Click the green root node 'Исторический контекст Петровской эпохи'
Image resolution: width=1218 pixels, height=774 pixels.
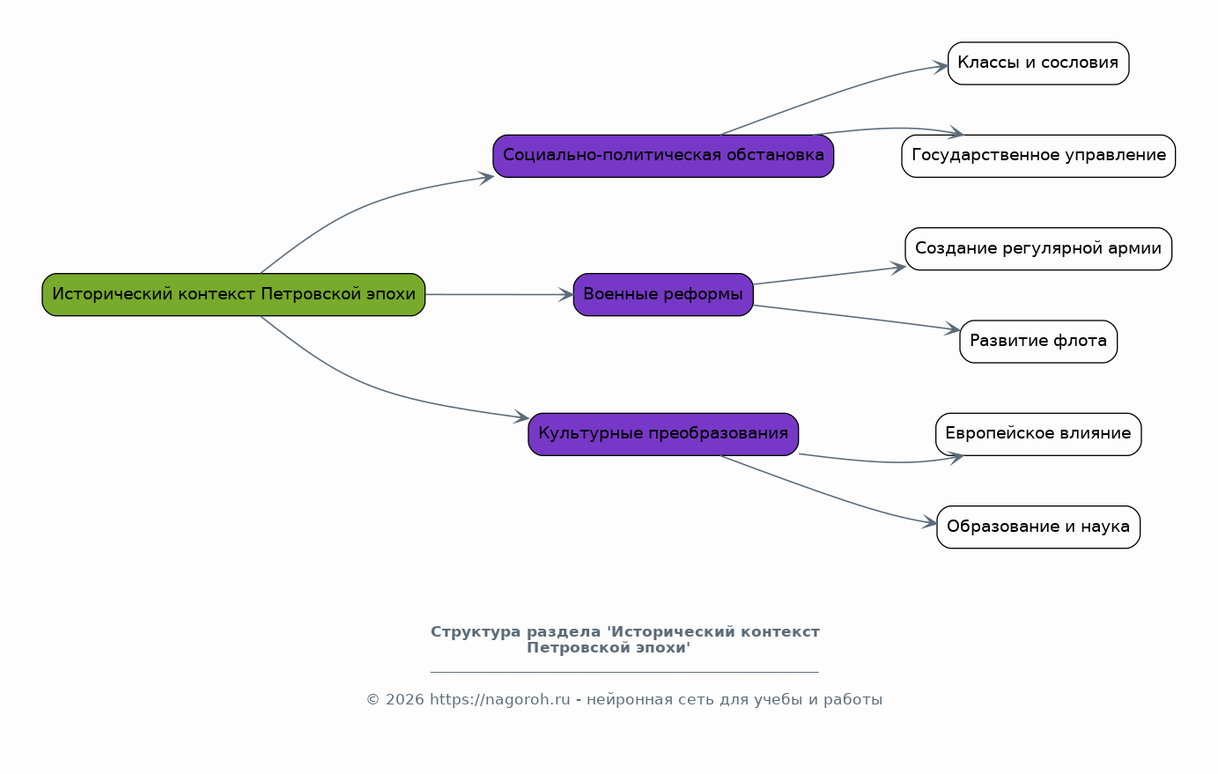click(233, 295)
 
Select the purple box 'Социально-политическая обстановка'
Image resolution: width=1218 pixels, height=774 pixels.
click(663, 156)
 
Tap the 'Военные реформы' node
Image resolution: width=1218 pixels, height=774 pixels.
click(663, 295)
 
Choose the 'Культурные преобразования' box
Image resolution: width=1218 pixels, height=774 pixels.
click(663, 434)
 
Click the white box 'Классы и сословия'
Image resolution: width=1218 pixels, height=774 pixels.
click(1038, 63)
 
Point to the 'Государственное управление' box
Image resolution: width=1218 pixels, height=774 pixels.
click(1038, 156)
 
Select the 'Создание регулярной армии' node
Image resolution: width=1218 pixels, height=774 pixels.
click(1038, 249)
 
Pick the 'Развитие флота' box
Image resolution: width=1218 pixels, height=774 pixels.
click(1038, 342)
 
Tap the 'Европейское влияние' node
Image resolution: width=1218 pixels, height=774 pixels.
click(1038, 434)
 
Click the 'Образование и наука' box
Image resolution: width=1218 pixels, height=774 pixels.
click(1038, 527)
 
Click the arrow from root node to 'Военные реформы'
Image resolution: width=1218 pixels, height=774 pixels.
click(499, 295)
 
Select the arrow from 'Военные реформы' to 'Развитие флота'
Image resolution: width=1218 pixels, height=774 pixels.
click(856, 317)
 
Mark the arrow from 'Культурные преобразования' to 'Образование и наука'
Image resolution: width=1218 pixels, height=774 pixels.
click(826, 493)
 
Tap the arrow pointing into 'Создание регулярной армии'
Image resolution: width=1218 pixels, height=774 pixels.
click(830, 276)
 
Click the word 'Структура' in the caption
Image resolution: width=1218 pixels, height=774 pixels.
click(476, 632)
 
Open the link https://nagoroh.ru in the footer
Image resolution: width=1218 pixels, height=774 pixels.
click(499, 699)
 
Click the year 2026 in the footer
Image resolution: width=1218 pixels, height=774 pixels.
click(404, 699)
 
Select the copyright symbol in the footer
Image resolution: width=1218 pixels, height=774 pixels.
click(373, 699)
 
